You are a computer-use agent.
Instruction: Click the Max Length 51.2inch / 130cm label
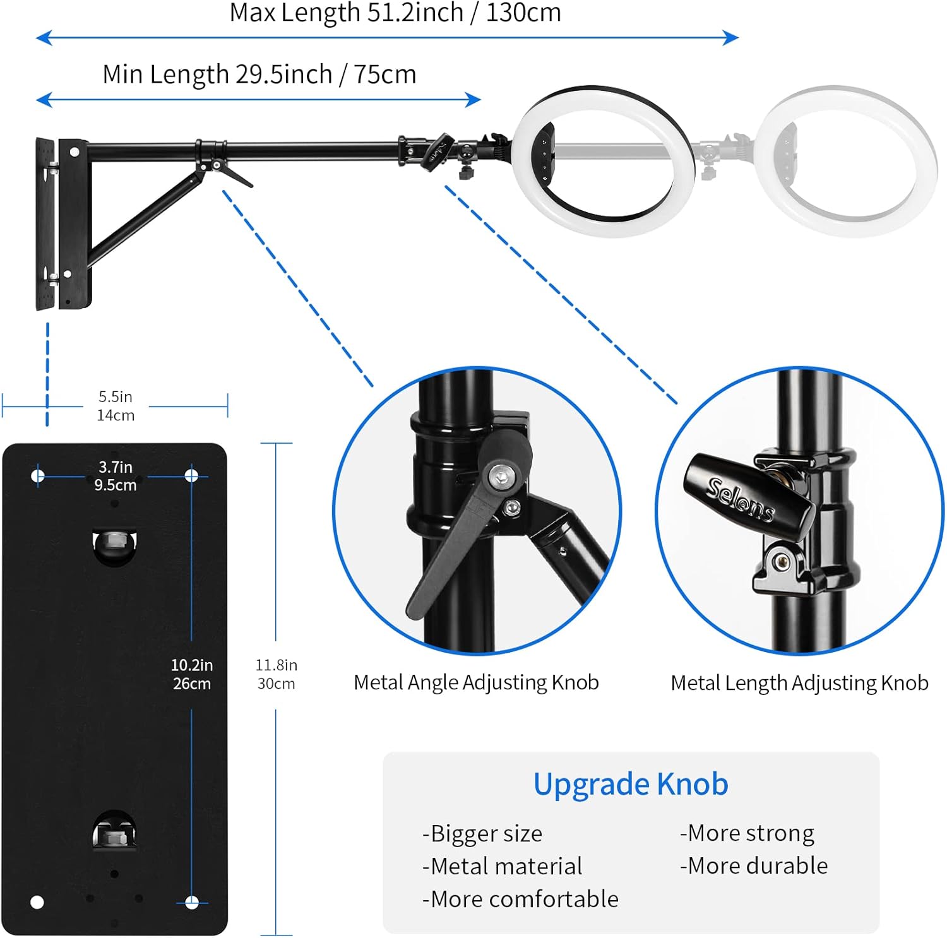(x=395, y=13)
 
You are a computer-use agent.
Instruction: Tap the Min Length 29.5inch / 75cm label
(x=259, y=74)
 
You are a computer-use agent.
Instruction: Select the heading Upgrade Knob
(x=631, y=784)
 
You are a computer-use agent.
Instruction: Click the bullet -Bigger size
(x=482, y=834)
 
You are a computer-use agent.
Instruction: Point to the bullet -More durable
(x=754, y=865)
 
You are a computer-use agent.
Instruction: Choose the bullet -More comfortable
(x=520, y=899)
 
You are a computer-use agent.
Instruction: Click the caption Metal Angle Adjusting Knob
(x=476, y=682)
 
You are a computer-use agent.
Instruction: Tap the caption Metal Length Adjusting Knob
(x=799, y=683)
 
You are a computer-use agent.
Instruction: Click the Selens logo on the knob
(x=741, y=499)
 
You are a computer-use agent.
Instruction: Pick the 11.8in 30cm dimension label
(x=276, y=674)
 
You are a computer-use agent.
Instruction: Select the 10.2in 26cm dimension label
(x=192, y=674)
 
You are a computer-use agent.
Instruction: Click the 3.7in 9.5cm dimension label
(x=116, y=476)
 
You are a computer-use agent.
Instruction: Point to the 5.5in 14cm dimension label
(x=116, y=406)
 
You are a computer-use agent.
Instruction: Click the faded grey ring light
(x=846, y=161)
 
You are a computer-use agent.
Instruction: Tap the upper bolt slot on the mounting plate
(x=114, y=544)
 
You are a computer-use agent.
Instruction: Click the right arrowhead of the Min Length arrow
(x=473, y=100)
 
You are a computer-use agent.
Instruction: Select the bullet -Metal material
(x=502, y=866)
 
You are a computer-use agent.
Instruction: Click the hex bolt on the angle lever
(x=501, y=474)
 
